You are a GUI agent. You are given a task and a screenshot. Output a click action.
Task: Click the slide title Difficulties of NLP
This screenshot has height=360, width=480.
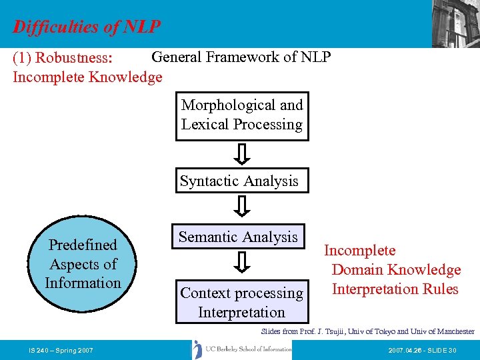click(x=87, y=27)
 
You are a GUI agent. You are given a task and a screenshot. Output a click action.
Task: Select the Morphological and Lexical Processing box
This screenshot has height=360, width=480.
click(x=242, y=115)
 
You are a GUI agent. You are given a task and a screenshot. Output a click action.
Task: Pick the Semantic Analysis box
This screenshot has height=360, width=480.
click(x=238, y=237)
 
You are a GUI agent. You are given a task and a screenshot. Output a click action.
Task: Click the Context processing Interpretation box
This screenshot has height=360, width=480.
click(x=241, y=302)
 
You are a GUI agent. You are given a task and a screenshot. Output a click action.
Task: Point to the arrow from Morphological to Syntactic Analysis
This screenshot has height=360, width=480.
click(x=243, y=154)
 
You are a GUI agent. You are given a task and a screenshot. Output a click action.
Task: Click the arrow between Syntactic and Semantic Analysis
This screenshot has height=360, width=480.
click(x=243, y=207)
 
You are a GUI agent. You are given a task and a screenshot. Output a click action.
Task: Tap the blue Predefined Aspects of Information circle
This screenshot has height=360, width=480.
click(x=83, y=265)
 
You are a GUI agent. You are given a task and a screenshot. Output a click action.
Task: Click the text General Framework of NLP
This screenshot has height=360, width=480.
click(x=241, y=57)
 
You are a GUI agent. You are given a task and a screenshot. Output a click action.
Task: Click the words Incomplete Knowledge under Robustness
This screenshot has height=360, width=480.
click(x=87, y=77)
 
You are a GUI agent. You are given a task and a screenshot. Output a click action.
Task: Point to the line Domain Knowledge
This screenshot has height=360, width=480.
click(x=396, y=270)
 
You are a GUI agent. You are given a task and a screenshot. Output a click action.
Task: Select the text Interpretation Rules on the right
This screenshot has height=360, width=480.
click(x=395, y=289)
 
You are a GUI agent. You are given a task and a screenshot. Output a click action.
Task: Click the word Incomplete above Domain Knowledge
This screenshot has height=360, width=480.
click(x=359, y=251)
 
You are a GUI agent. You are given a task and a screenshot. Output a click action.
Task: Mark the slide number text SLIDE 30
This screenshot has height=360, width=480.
click(x=441, y=350)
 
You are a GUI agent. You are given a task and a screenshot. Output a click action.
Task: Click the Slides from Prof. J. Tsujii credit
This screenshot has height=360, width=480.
click(x=367, y=331)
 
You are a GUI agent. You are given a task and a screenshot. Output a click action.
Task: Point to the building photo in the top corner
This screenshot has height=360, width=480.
click(x=455, y=23)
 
